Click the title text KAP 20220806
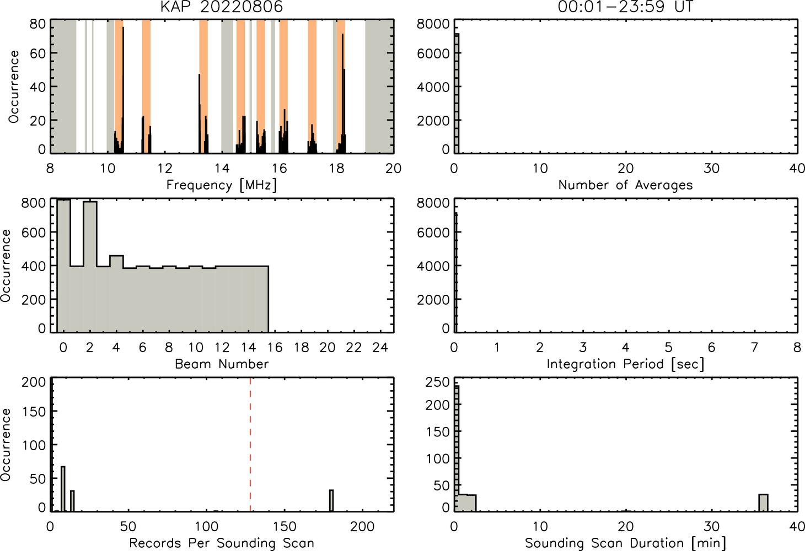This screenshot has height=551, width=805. coord(222,7)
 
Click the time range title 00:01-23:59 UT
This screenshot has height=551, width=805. coord(625,7)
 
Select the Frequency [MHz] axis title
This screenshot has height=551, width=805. coord(222,185)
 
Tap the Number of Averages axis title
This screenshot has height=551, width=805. coord(625,185)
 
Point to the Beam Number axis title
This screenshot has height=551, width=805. coord(222,364)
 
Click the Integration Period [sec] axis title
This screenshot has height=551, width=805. coord(625,364)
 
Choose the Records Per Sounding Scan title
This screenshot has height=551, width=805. coord(222,543)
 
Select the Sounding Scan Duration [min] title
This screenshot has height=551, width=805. coord(625,543)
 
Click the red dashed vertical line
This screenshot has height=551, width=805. coord(250,444)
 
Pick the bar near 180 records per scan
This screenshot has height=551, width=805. coord(331,500)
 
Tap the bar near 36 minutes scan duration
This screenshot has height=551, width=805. coord(763,503)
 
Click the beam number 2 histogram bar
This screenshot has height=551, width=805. coord(90,267)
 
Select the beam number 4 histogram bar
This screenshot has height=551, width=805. coord(117,294)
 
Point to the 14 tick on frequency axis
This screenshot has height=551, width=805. coord(222,168)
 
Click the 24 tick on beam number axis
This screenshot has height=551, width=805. coord(380,347)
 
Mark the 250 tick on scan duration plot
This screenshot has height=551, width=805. coord(438,382)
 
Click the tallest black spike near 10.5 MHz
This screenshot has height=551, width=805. coord(123,90)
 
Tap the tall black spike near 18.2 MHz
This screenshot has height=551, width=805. coord(342,93)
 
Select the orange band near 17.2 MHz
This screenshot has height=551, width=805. coord(312,86)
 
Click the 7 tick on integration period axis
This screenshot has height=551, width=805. coord(755,347)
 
